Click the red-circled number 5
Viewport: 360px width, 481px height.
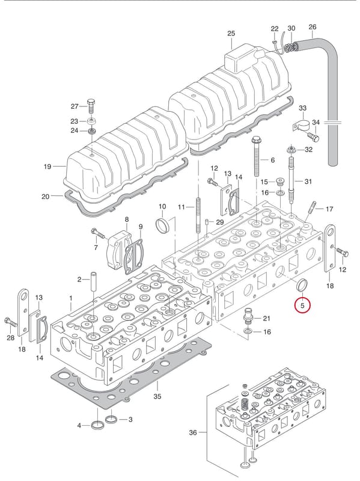coord(302,306)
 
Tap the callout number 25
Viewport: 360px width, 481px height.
coord(231,34)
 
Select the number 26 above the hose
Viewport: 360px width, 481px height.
coord(312,27)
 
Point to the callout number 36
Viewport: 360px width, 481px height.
coord(193,432)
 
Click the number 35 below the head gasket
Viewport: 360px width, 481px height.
coord(157,397)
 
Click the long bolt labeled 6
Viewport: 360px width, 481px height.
coord(257,158)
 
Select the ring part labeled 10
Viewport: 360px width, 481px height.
coord(162,226)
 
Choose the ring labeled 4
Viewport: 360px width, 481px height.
coord(97,426)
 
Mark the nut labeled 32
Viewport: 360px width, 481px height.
coord(290,150)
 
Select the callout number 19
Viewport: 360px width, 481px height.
coord(47,167)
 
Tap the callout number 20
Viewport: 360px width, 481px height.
coord(46,197)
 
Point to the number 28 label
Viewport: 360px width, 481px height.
coord(10,338)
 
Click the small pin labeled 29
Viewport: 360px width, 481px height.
coord(207,222)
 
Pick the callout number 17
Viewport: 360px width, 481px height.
coord(329,209)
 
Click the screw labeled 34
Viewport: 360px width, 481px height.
coord(313,137)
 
